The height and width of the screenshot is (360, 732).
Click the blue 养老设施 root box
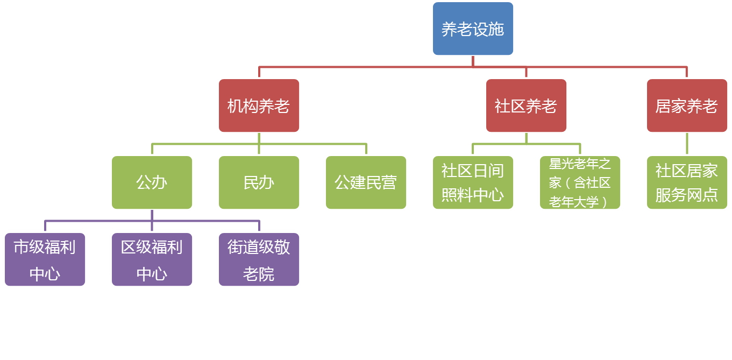(x=473, y=29)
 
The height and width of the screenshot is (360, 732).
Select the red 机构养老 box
(x=259, y=105)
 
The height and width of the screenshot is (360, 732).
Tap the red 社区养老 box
(x=526, y=105)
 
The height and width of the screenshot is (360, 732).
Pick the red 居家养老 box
(x=687, y=105)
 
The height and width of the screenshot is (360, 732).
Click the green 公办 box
(x=152, y=182)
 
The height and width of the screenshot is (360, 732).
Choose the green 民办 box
(x=259, y=182)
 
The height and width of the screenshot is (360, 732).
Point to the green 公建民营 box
(x=366, y=182)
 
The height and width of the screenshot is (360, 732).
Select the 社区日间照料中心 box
(x=473, y=182)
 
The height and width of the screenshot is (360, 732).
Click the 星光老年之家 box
(x=580, y=182)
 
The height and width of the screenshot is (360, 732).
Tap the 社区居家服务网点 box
(x=687, y=182)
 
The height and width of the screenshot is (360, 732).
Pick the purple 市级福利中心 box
(x=45, y=259)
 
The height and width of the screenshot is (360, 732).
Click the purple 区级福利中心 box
(x=152, y=259)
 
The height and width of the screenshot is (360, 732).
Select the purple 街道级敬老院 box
(x=259, y=259)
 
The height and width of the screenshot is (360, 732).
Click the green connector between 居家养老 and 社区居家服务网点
(x=687, y=144)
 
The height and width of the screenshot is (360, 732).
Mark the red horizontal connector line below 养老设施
(x=366, y=67)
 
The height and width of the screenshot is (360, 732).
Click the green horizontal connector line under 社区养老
(x=500, y=144)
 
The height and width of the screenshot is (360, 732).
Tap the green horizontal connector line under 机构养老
(x=204, y=144)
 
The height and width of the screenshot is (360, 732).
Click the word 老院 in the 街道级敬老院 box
(x=259, y=274)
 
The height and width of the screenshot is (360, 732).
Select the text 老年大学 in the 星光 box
(x=574, y=202)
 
